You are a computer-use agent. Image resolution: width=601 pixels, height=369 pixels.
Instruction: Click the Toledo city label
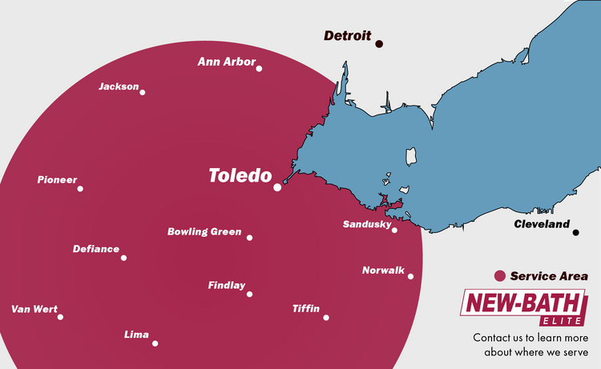(240, 175)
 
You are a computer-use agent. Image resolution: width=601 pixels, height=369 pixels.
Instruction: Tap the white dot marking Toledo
(277, 187)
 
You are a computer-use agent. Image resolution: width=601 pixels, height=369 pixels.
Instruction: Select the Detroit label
(347, 36)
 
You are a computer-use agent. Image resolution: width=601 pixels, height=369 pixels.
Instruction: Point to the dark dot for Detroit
(379, 44)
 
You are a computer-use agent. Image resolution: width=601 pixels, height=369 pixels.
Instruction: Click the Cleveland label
(542, 225)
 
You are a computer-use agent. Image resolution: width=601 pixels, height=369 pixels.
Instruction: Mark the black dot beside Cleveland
(575, 233)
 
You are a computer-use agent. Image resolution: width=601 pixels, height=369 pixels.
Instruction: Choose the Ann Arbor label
(227, 62)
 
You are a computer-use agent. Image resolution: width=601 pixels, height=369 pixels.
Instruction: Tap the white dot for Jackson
(143, 92)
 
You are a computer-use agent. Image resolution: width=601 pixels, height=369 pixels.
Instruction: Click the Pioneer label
(57, 180)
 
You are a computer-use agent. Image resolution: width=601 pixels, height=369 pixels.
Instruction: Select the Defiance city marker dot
(124, 258)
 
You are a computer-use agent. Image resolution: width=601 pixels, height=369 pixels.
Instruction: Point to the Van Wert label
(34, 309)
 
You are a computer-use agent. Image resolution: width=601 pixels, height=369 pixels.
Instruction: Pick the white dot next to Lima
(155, 343)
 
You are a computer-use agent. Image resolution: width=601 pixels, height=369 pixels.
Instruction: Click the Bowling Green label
(204, 232)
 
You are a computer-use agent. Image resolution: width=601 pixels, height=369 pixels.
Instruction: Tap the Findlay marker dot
(249, 294)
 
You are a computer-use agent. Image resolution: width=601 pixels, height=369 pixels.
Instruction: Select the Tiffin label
(306, 309)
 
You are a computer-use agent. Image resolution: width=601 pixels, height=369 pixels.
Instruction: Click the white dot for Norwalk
(410, 277)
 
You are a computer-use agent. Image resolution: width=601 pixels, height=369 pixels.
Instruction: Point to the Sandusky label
(366, 224)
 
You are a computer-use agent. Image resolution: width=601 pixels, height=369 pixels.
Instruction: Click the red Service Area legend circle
(500, 276)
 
